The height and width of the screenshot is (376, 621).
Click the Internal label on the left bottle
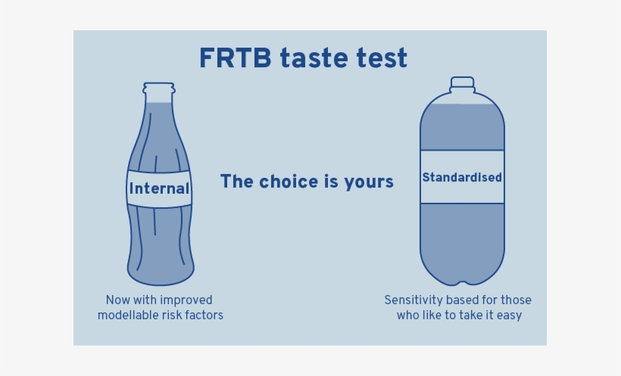pyautogui.click(x=159, y=188)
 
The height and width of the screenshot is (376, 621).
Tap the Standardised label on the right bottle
pyautogui.click(x=462, y=178)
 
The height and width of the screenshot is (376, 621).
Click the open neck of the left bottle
pyautogui.click(x=160, y=90)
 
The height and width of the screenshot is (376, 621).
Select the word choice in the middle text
pyautogui.click(x=289, y=182)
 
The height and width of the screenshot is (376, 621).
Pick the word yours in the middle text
pyautogui.click(x=369, y=182)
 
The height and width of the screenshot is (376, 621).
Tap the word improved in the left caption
pyautogui.click(x=186, y=300)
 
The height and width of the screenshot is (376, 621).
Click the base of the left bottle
pyautogui.click(x=161, y=277)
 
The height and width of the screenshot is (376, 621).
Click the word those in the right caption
pyautogui.click(x=515, y=300)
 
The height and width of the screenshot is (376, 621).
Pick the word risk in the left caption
pyautogui.click(x=171, y=315)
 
